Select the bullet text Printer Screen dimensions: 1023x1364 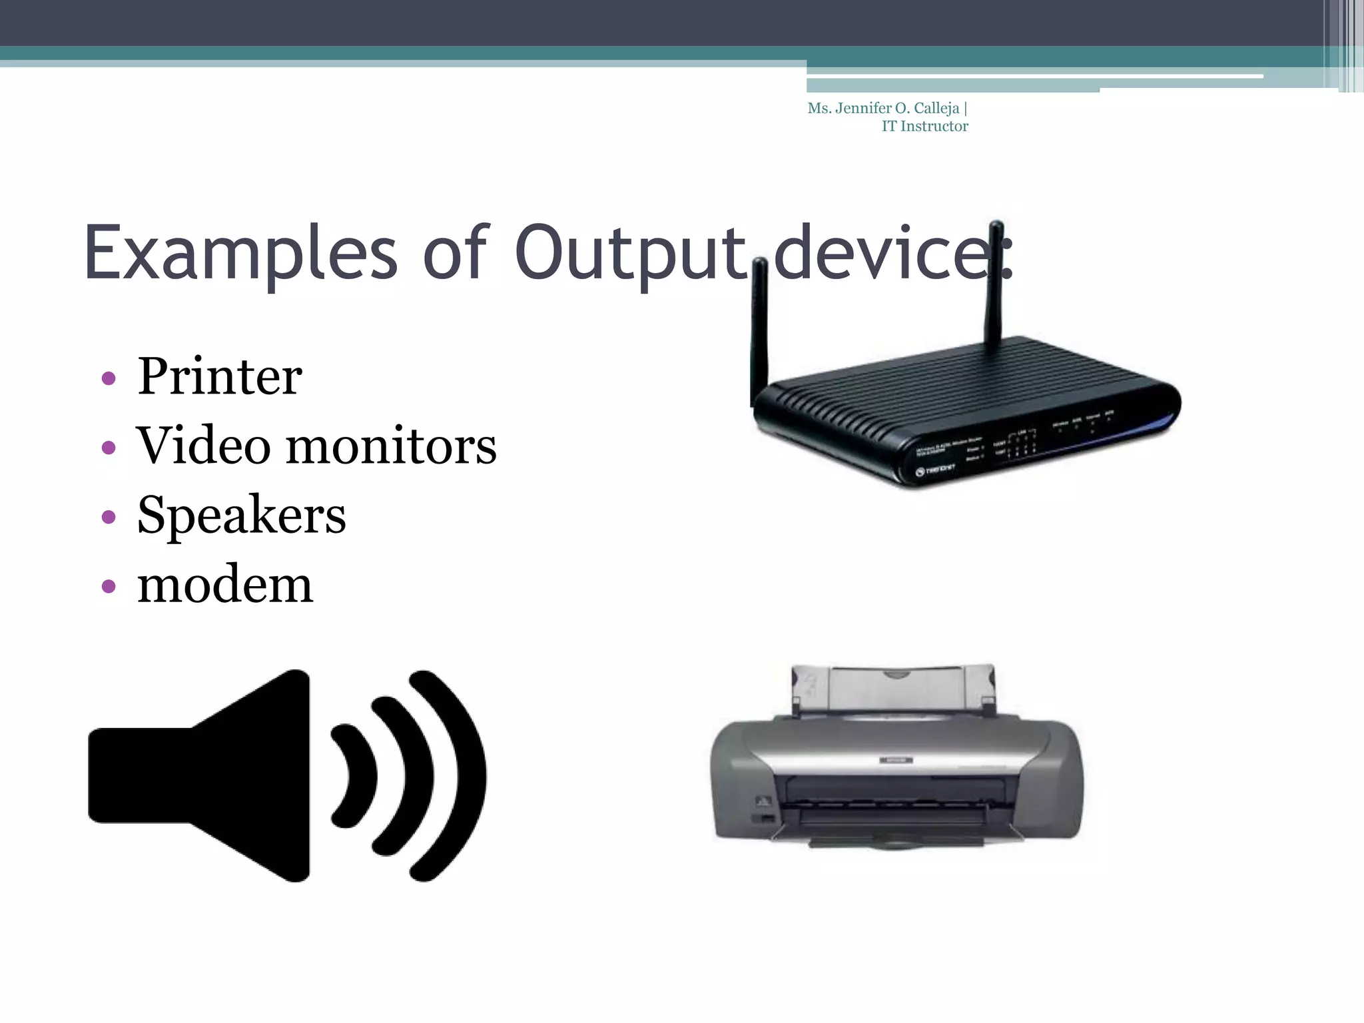(220, 377)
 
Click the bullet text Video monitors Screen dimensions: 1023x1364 (316, 446)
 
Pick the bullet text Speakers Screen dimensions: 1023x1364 (241, 515)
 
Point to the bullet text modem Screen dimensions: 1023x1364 (225, 585)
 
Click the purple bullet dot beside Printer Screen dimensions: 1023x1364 (109, 379)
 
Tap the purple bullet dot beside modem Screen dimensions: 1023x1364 (109, 587)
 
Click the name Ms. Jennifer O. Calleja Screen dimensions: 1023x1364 (883, 109)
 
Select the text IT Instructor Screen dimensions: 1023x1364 (924, 127)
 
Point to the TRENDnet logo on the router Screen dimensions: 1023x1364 (935, 470)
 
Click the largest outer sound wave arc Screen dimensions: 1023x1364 (460, 776)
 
